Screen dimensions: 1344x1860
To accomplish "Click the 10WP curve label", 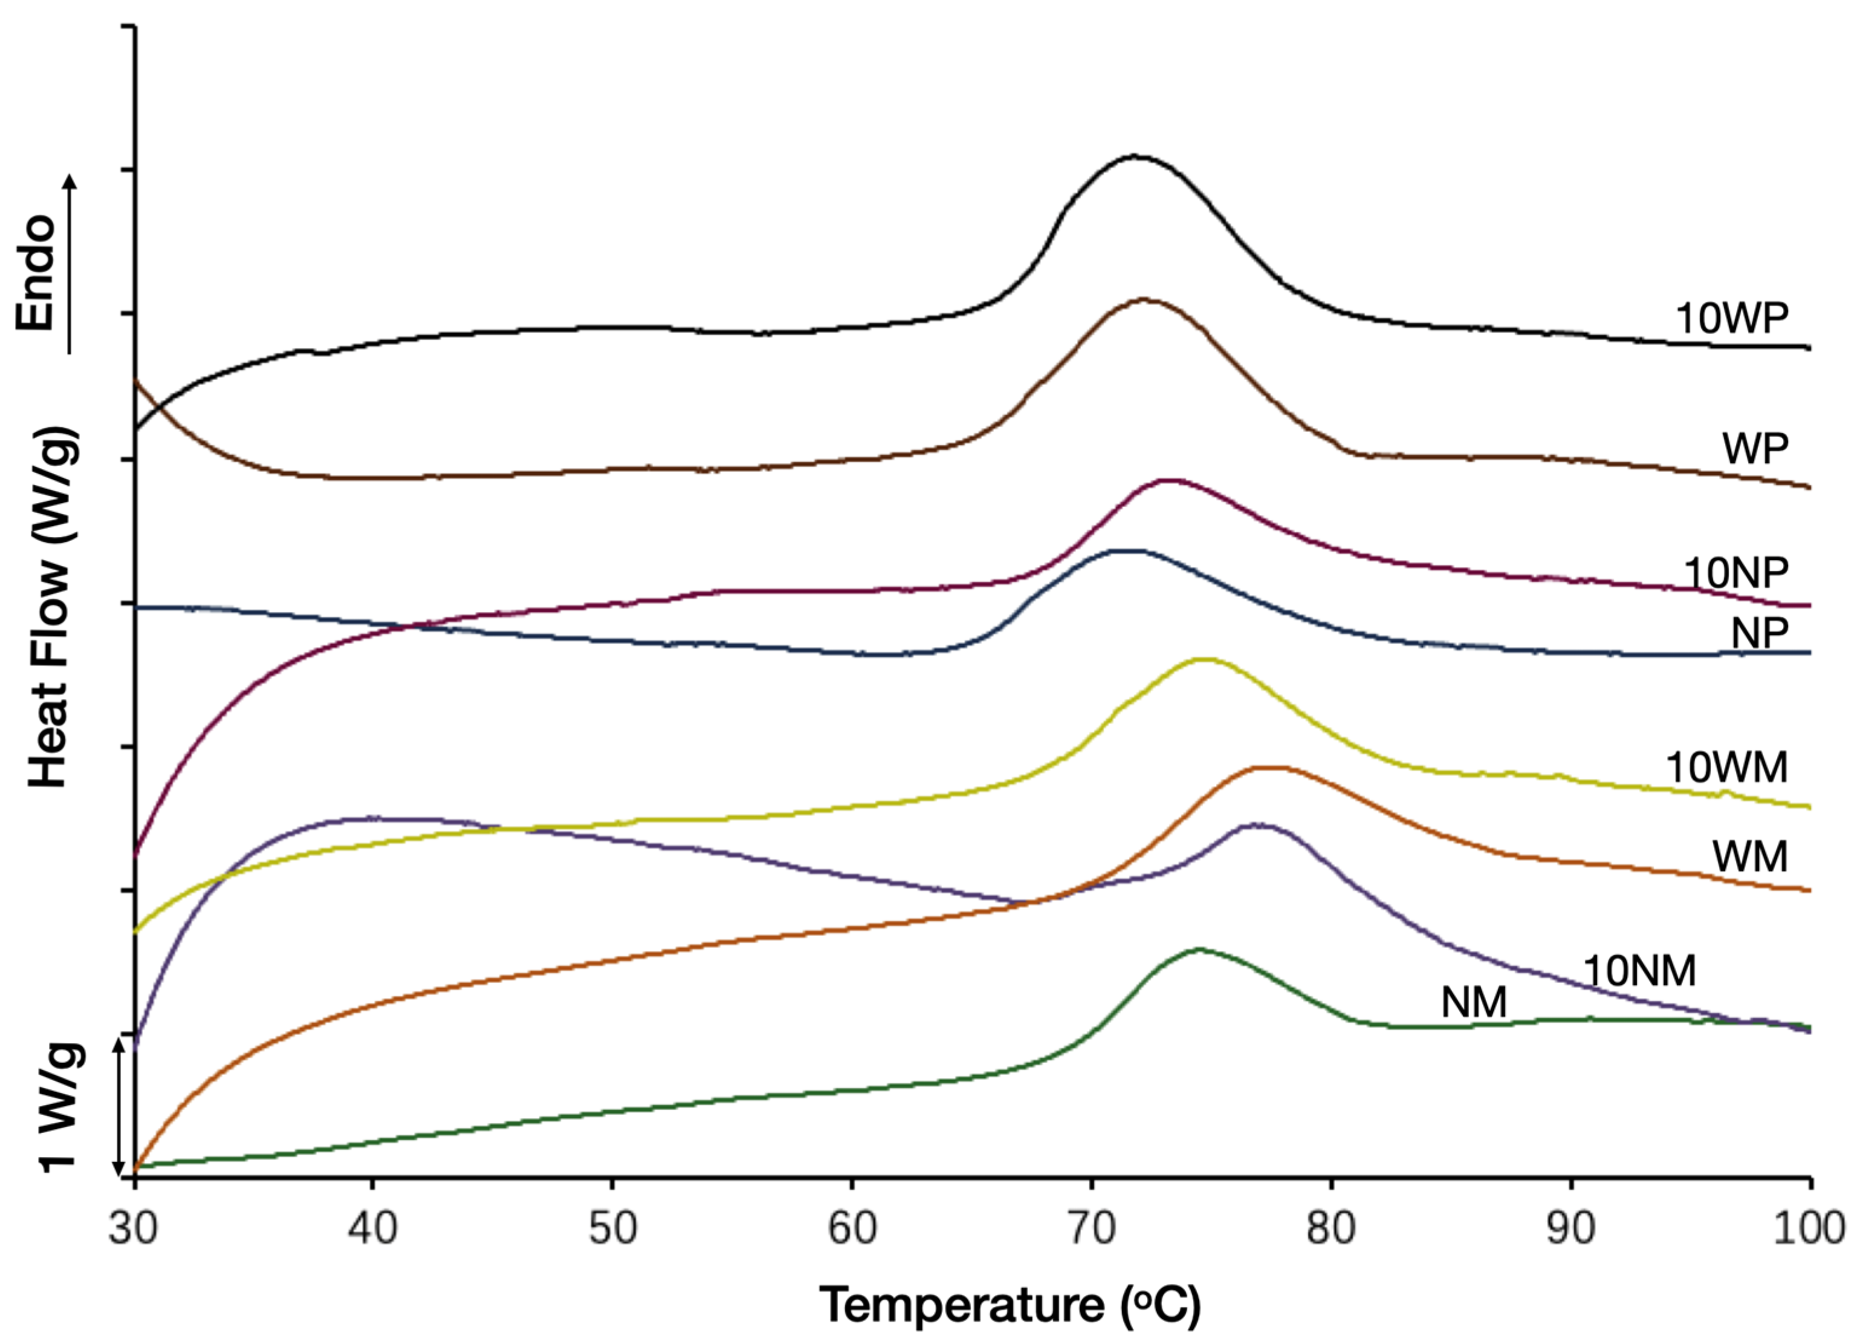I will [x=1731, y=318].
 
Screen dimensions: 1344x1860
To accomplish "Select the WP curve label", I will [x=1754, y=448].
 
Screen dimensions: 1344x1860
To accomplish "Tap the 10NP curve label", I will [x=1735, y=572].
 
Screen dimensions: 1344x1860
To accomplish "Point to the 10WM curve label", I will [x=1726, y=768].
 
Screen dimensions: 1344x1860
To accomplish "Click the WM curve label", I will [x=1749, y=856].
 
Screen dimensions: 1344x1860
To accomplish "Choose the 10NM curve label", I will [x=1639, y=971].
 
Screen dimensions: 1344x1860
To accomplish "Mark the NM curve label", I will [x=1474, y=1003].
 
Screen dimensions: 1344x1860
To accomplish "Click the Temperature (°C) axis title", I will [x=1010, y=1305].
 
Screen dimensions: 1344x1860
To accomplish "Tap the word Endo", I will [x=37, y=273].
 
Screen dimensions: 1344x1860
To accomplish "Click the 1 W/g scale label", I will [x=62, y=1107].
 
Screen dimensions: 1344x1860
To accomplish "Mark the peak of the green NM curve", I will [x=1199, y=950].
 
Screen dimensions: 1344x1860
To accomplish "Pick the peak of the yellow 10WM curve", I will [x=1203, y=658].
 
